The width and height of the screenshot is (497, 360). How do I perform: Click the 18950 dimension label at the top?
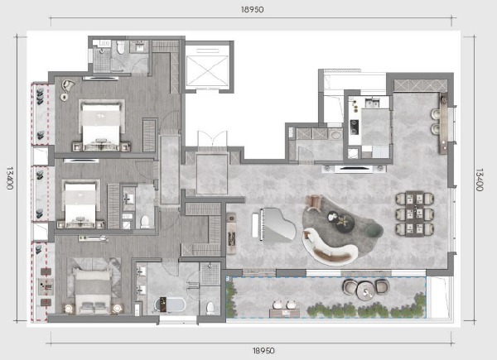pos(253,9)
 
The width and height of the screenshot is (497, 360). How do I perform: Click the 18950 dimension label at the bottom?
pos(263,351)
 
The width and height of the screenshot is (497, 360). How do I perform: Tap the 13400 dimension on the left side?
pos(9,178)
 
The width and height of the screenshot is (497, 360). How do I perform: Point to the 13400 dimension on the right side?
pos(479,180)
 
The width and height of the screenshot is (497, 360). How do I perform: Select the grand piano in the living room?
pos(274,225)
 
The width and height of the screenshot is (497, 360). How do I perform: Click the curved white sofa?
pos(328,247)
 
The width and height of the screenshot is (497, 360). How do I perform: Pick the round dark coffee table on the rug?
pos(345,223)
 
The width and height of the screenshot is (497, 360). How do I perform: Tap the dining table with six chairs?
pos(415,214)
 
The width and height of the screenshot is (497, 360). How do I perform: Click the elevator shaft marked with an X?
pos(207,70)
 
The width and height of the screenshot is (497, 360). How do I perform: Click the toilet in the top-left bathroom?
pos(120,47)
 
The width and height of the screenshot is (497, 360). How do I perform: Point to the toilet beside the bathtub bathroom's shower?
pos(210,308)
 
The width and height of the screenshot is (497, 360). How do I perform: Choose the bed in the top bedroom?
pos(101,126)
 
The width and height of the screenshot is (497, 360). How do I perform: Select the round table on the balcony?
pos(366,290)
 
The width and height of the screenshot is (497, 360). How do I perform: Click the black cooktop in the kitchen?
pos(354,127)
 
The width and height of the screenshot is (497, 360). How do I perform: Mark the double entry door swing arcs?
pos(213,138)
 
